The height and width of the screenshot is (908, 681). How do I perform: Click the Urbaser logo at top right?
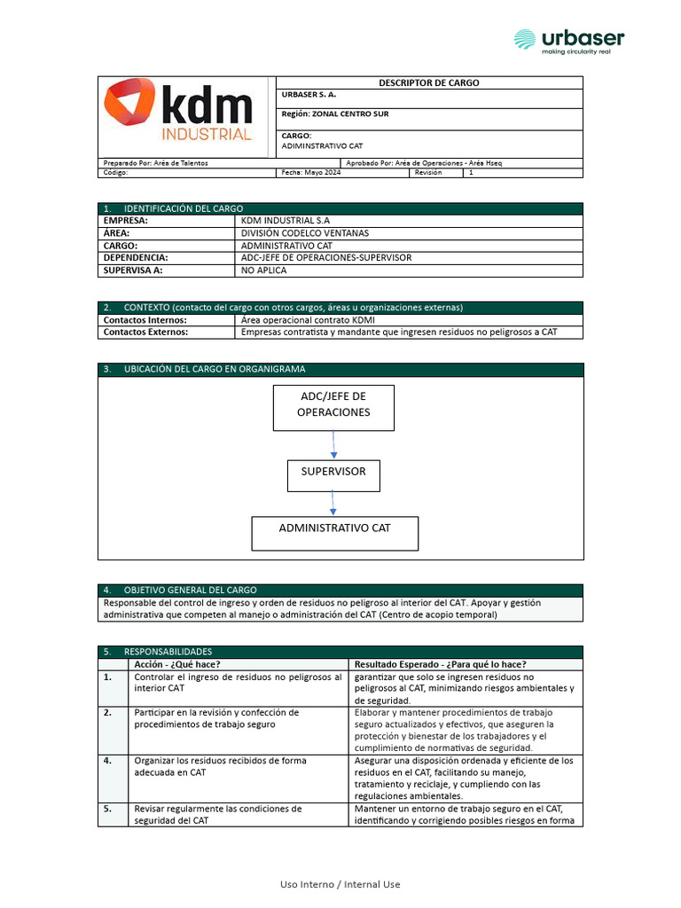tap(568, 40)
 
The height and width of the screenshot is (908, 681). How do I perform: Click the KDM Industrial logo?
tap(178, 111)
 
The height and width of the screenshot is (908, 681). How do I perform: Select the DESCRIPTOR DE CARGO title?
tap(429, 82)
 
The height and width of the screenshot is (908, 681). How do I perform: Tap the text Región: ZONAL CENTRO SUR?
tap(335, 113)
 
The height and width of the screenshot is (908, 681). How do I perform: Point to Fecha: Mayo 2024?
tap(310, 173)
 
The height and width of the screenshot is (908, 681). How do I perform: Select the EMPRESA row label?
tap(126, 220)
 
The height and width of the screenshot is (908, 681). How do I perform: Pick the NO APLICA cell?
tap(264, 270)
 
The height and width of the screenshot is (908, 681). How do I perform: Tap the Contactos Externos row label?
tap(145, 333)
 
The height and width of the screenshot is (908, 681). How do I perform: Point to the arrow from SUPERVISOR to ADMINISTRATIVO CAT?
tap(333, 504)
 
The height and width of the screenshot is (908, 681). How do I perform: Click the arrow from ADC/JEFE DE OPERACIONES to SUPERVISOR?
tap(333, 445)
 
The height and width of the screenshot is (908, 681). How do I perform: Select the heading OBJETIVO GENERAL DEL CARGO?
tap(190, 590)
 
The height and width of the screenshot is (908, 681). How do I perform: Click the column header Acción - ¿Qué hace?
tap(176, 664)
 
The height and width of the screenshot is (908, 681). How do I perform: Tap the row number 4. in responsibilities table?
tap(108, 761)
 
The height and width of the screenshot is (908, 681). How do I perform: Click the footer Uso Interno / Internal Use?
tap(340, 884)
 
